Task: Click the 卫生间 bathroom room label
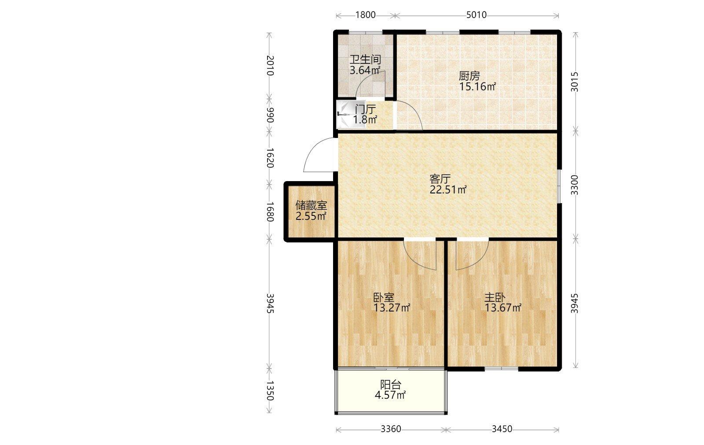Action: coord(365,59)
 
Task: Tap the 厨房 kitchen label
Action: coord(469,76)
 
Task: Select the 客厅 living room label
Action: coord(440,179)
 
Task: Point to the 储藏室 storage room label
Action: coord(311,205)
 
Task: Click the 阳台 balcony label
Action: coord(391,384)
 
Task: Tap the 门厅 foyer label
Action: coord(365,110)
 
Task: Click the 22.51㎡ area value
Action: coord(448,189)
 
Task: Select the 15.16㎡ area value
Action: coord(478,86)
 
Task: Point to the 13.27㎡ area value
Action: coord(392,308)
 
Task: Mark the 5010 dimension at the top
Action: coord(476,15)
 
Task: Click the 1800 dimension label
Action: coord(366,15)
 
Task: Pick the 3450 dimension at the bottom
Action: coord(502,429)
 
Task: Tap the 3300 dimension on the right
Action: coord(574,185)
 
